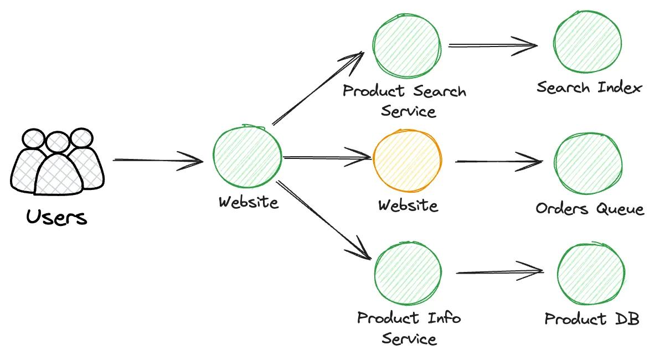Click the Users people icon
pyautogui.click(x=57, y=161)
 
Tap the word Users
pyautogui.click(x=56, y=217)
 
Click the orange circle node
pyautogui.click(x=407, y=162)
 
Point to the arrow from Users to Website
pyautogui.click(x=158, y=161)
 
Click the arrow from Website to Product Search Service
pyautogui.click(x=318, y=89)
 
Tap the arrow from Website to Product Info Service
pyautogui.click(x=323, y=219)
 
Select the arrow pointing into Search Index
pyautogui.click(x=493, y=45)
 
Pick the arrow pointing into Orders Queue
pyautogui.click(x=498, y=162)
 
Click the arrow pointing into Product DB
pyautogui.click(x=499, y=272)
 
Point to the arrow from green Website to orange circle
pyautogui.click(x=327, y=158)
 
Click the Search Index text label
pyautogui.click(x=589, y=88)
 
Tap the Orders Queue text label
pyautogui.click(x=590, y=209)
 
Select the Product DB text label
pyautogui.click(x=592, y=319)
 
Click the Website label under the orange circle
pyautogui.click(x=408, y=205)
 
